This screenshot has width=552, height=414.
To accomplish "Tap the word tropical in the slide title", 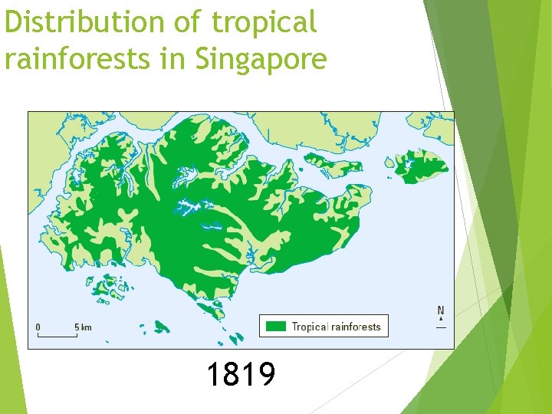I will point(264,23).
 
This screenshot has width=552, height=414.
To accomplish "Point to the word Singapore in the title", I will point(261,58).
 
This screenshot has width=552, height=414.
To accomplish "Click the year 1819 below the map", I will point(241,375).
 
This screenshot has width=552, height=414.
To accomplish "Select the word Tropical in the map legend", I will point(310,327).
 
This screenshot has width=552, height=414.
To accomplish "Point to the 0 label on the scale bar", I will point(38,327).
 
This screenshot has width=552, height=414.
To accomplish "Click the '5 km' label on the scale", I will point(83,327).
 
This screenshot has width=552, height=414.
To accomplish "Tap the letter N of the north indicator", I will point(441,311).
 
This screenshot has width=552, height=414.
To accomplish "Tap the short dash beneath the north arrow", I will point(441,327).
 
